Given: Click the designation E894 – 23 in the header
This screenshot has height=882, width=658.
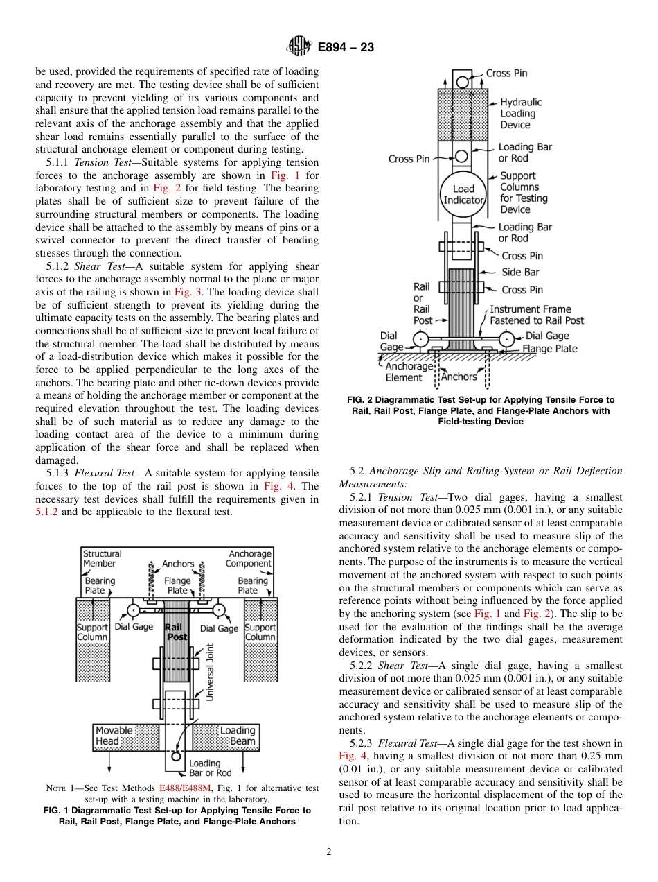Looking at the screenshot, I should tap(346, 47).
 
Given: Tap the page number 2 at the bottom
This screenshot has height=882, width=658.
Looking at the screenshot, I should tap(329, 852).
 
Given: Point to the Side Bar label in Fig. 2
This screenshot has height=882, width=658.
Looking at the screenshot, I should tap(520, 273).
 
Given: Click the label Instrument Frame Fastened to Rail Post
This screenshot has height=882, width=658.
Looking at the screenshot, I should tap(536, 315).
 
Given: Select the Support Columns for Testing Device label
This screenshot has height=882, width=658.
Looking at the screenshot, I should tap(523, 193).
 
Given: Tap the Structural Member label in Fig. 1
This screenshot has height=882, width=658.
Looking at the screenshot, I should tap(102, 558).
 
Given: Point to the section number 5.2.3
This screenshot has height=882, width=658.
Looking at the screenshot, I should tap(362, 743).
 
